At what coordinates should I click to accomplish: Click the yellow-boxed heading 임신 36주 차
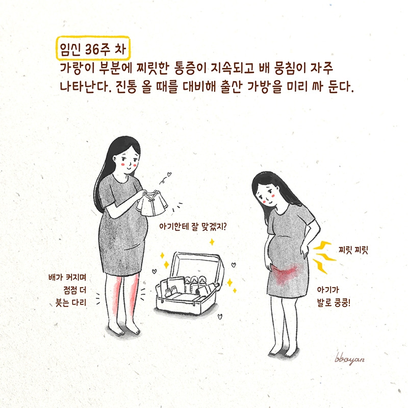coord(93,48)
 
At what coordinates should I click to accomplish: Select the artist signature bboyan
coord(349,359)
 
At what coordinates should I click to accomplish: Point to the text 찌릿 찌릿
coord(353,250)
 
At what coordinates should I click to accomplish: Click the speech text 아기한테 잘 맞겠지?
coord(193,226)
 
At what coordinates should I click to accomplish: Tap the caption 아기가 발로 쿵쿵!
coord(334,296)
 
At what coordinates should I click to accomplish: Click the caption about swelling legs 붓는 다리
coord(71,302)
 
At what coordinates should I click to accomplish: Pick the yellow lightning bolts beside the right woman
coord(324,257)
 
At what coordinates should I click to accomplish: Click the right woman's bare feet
coord(284,351)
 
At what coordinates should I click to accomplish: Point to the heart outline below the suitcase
coord(220,317)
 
